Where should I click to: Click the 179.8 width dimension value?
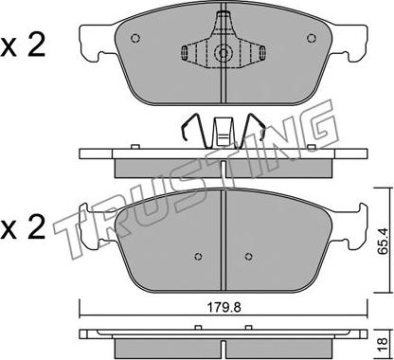click(224, 307)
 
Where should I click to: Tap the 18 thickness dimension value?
click(383, 342)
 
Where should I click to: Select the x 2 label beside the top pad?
click(23, 45)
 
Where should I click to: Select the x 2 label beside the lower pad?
click(23, 228)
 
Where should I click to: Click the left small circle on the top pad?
click(135, 38)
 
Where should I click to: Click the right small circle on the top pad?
click(312, 38)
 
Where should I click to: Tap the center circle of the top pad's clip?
click(224, 53)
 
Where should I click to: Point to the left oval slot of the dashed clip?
click(185, 52)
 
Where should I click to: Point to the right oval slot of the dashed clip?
click(262, 52)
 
